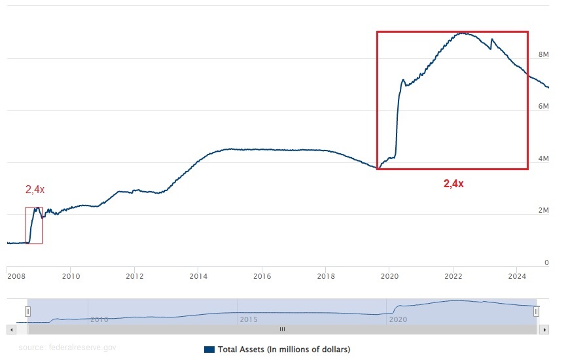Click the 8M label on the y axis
(543, 54)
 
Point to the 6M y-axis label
(543, 106)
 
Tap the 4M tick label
(543, 158)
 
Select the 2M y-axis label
(543, 210)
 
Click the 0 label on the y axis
(546, 262)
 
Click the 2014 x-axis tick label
(198, 276)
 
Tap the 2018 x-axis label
(326, 276)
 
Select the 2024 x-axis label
(517, 276)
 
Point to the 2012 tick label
(134, 276)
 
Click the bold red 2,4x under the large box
(453, 184)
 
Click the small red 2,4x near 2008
(35, 190)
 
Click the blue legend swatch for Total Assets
(209, 349)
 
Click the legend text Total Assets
(283, 349)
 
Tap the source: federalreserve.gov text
(67, 348)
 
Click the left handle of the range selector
(27, 312)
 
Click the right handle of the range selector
(536, 312)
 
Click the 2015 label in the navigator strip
(248, 319)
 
